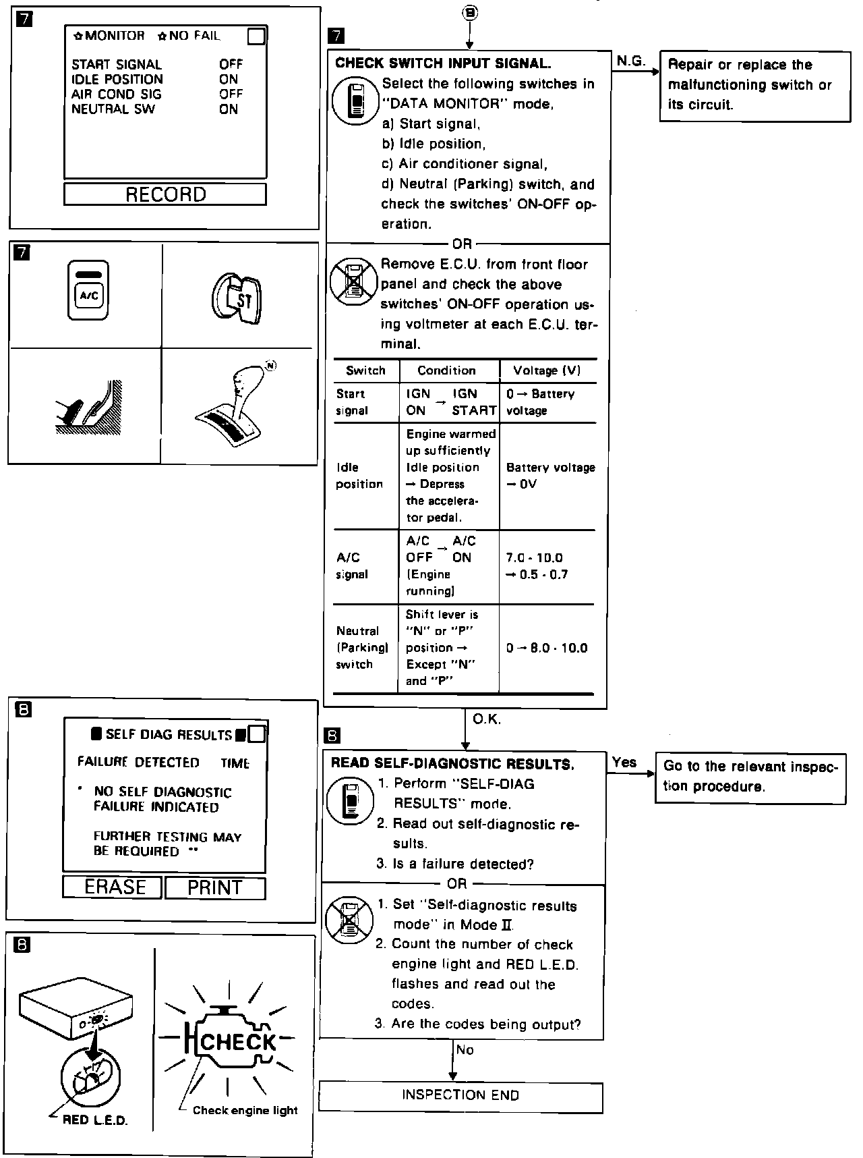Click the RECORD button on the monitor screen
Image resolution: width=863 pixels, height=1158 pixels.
(165, 194)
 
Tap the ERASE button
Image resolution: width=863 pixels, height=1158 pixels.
(113, 887)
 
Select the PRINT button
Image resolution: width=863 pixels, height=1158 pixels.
(214, 887)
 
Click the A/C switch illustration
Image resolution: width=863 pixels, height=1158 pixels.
(88, 290)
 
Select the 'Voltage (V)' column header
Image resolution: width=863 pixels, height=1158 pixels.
(547, 370)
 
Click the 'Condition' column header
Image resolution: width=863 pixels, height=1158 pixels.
(446, 370)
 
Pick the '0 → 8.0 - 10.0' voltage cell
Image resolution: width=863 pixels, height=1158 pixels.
(547, 648)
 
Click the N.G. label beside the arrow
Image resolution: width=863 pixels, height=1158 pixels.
(630, 61)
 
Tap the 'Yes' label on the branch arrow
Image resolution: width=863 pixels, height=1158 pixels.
(624, 762)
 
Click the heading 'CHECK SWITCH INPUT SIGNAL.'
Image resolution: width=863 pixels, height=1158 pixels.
(443, 63)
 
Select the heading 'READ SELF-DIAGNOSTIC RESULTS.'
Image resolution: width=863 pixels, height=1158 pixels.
(452, 764)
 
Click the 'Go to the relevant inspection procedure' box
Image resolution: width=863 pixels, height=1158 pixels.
(750, 776)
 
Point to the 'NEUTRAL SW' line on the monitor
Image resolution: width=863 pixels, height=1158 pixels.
(113, 109)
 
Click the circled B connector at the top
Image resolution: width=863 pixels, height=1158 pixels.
(470, 13)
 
